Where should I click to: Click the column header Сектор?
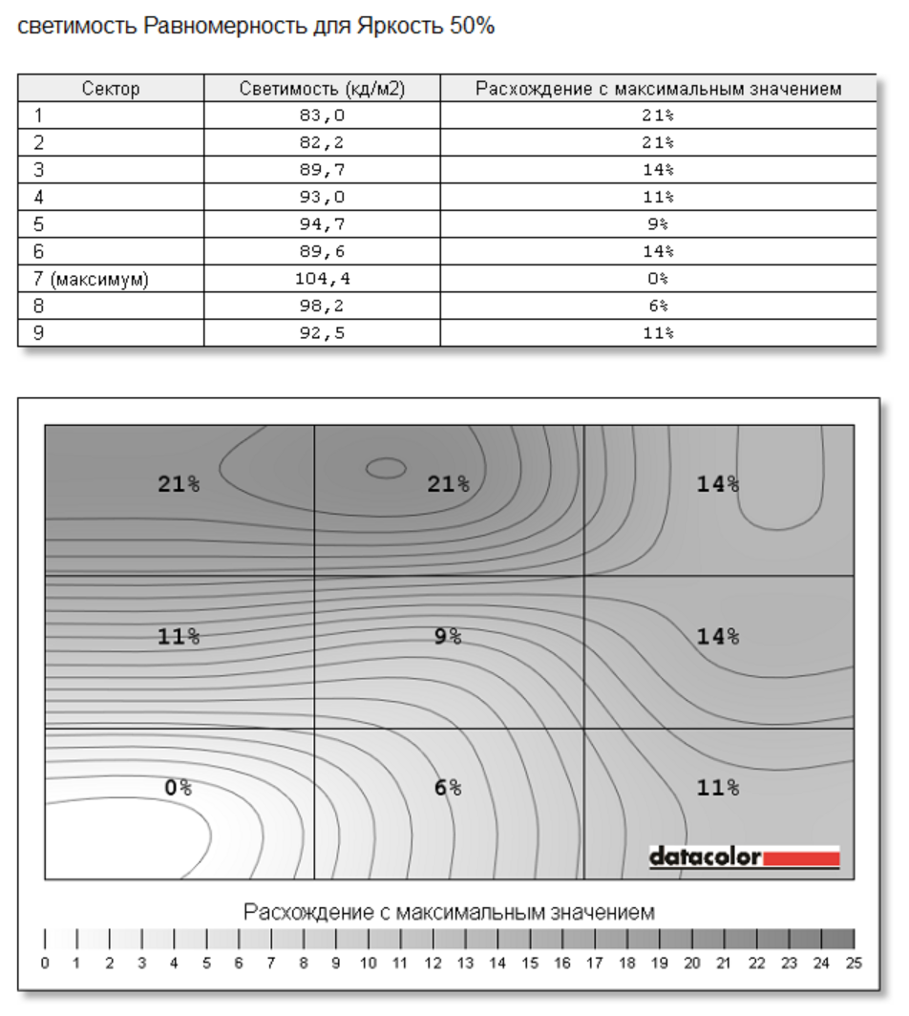click(111, 89)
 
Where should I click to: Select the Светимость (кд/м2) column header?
click(322, 89)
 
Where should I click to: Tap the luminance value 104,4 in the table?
click(321, 279)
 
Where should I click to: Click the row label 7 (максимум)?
click(91, 279)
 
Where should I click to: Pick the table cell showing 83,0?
click(321, 116)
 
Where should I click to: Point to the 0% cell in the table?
click(657, 279)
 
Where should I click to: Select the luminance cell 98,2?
click(321, 307)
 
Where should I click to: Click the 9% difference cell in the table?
click(657, 224)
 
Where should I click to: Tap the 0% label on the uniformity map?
click(179, 788)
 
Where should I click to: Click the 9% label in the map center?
click(447, 636)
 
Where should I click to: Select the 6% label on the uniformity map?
click(448, 788)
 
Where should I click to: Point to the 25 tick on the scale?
click(854, 963)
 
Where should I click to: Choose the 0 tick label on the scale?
click(45, 963)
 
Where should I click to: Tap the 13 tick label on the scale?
click(464, 963)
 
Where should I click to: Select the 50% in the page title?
click(472, 26)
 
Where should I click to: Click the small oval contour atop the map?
click(386, 467)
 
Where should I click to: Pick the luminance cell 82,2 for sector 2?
click(321, 143)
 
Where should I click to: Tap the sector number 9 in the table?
click(39, 333)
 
